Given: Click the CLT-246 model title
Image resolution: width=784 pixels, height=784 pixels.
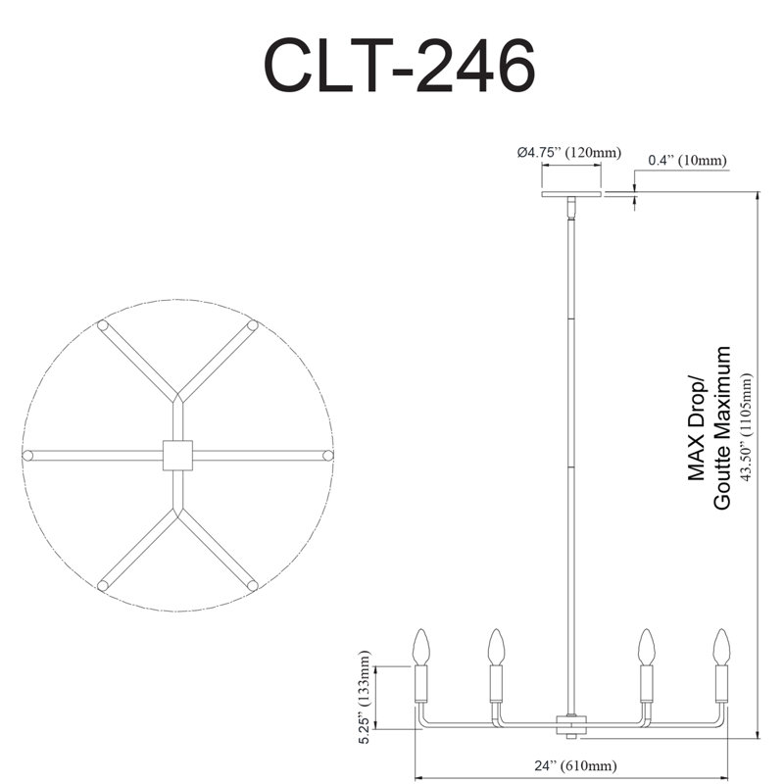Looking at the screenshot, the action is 399,66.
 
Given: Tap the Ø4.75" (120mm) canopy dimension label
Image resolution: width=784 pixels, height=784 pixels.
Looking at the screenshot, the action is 569,152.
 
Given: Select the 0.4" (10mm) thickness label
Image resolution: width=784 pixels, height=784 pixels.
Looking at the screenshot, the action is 687,160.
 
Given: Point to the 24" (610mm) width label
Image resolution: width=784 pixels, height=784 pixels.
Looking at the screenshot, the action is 575,765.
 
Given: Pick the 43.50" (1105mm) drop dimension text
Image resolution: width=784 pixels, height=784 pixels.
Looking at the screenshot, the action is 746,427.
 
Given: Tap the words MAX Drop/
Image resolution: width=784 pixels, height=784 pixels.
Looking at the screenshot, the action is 696,429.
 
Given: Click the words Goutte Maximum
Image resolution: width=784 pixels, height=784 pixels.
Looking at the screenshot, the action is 722,428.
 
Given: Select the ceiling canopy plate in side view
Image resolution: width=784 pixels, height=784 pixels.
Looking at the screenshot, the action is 571,193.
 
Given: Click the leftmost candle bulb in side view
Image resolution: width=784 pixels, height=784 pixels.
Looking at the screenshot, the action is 421,647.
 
